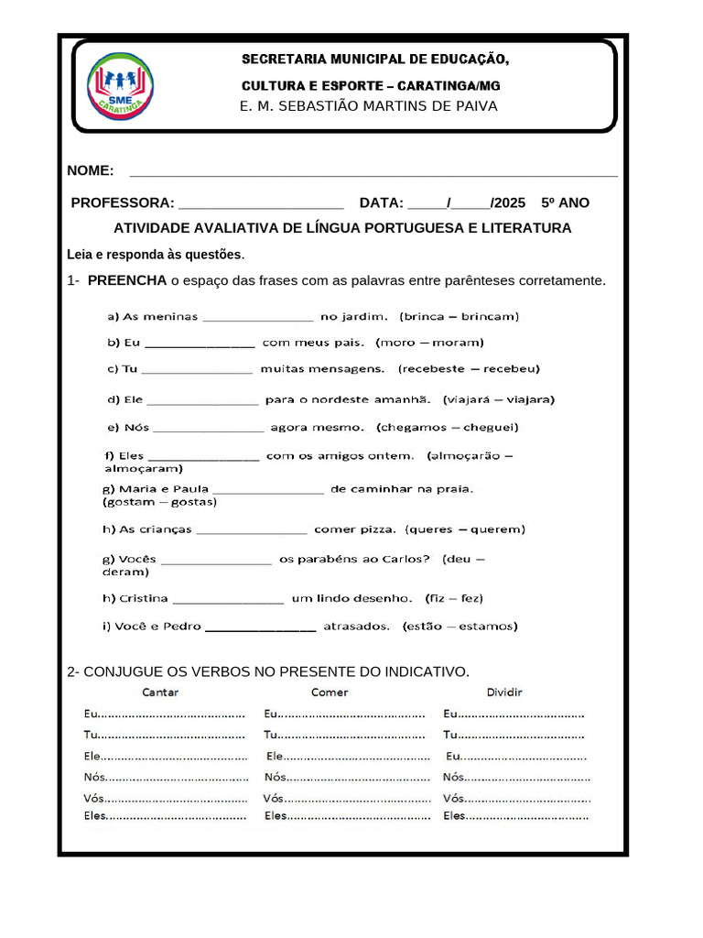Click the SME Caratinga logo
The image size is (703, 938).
pos(119,86)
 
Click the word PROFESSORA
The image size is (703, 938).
pos(123,202)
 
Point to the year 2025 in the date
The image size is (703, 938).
pos(510,202)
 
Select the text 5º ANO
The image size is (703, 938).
pos(565,202)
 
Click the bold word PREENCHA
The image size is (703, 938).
pos(127,279)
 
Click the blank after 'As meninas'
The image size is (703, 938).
pos(257,318)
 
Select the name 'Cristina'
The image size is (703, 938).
pos(144,598)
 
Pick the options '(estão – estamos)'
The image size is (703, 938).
pos(459,627)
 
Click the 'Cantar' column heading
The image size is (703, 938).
pos(160,693)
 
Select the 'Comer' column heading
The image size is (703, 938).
pos(330,693)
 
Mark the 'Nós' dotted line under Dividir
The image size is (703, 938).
pos(517,778)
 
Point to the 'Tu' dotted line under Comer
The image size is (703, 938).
pos(344,735)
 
